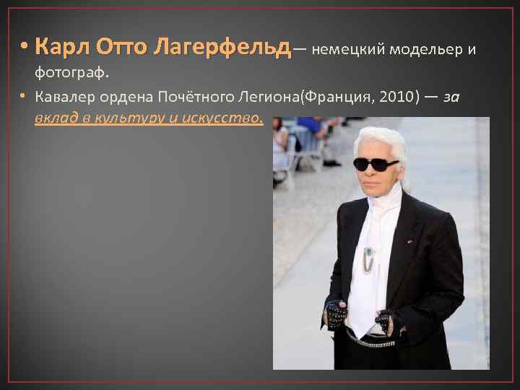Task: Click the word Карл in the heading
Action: tap(61, 48)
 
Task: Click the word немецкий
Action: tap(347, 49)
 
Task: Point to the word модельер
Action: tap(426, 49)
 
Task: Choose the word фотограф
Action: tap(69, 73)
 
